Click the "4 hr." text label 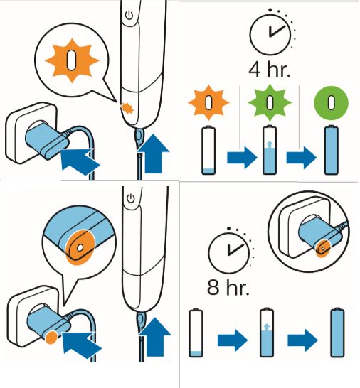pyautogui.click(x=269, y=70)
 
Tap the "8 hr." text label pyautogui.click(x=228, y=287)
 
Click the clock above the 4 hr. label pyautogui.click(x=270, y=34)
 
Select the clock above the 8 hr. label pyautogui.click(x=228, y=253)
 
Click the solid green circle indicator pyautogui.click(x=331, y=103)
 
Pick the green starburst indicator pyautogui.click(x=270, y=102)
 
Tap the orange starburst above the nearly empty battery pyautogui.click(x=209, y=102)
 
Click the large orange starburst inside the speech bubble pyautogui.click(x=72, y=60)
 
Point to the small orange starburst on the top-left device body pyautogui.click(x=127, y=108)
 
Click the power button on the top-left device pyautogui.click(x=129, y=16)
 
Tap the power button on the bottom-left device pyautogui.click(x=131, y=198)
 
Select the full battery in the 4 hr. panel pyautogui.click(x=332, y=150)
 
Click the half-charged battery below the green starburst pyautogui.click(x=270, y=150)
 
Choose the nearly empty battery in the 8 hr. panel pyautogui.click(x=196, y=333)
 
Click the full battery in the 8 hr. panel pyautogui.click(x=338, y=333)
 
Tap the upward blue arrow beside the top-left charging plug pyautogui.click(x=154, y=153)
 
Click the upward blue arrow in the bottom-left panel pyautogui.click(x=155, y=337)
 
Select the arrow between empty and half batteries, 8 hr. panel pyautogui.click(x=233, y=340)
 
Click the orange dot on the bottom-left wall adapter pyautogui.click(x=51, y=338)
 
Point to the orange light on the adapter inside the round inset pyautogui.click(x=323, y=248)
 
